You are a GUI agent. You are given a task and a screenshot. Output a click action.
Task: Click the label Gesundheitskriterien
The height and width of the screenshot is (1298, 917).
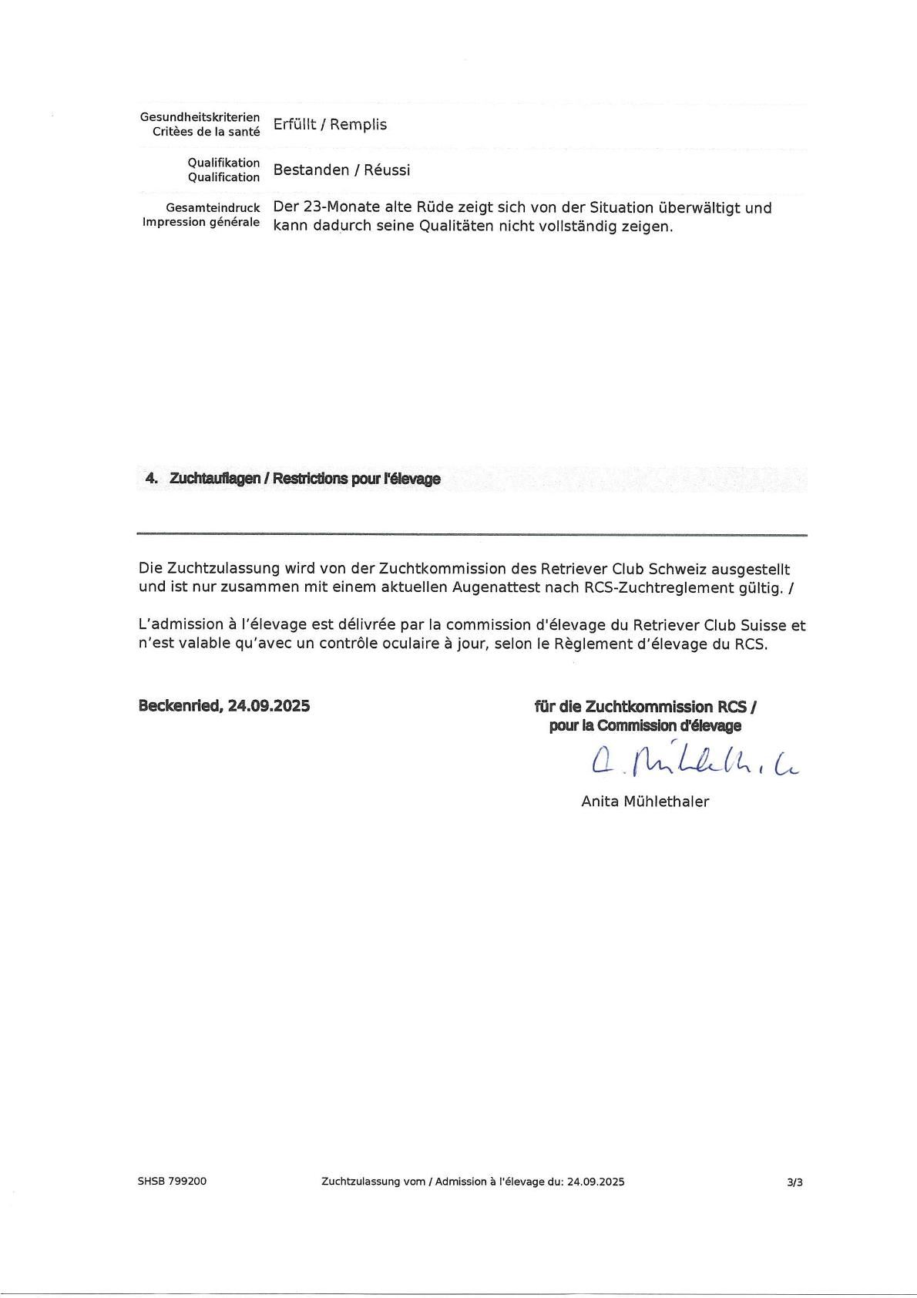click(200, 117)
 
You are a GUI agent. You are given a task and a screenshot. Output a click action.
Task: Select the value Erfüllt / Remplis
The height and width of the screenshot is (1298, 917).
click(330, 125)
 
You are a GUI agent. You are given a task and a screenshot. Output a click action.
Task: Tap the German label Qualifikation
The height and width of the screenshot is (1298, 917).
click(223, 163)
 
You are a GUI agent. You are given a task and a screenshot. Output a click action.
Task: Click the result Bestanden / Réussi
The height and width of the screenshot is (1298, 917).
click(341, 170)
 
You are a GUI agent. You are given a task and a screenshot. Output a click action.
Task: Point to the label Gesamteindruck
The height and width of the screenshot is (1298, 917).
click(213, 208)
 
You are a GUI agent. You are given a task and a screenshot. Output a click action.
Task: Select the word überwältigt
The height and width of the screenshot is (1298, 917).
click(700, 208)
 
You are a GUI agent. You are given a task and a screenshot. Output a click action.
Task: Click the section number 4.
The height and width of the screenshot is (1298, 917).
click(151, 479)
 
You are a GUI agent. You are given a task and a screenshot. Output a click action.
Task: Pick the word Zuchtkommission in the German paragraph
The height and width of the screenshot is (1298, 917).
click(442, 570)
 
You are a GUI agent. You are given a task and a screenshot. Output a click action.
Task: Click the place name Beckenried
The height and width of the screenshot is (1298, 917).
click(179, 705)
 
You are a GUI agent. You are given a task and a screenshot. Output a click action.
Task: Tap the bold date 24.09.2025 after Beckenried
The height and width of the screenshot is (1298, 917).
click(269, 705)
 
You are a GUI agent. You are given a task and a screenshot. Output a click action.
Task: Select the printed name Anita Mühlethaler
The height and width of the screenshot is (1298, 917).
click(645, 802)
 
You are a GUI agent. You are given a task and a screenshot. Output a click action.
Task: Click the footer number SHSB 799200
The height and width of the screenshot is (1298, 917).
click(172, 1182)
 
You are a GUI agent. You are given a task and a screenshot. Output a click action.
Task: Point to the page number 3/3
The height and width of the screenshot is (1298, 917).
click(794, 1182)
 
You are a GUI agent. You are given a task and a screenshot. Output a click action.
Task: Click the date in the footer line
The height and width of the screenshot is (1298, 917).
click(596, 1182)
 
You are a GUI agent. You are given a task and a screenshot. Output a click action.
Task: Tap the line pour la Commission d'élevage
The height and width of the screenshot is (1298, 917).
click(645, 726)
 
